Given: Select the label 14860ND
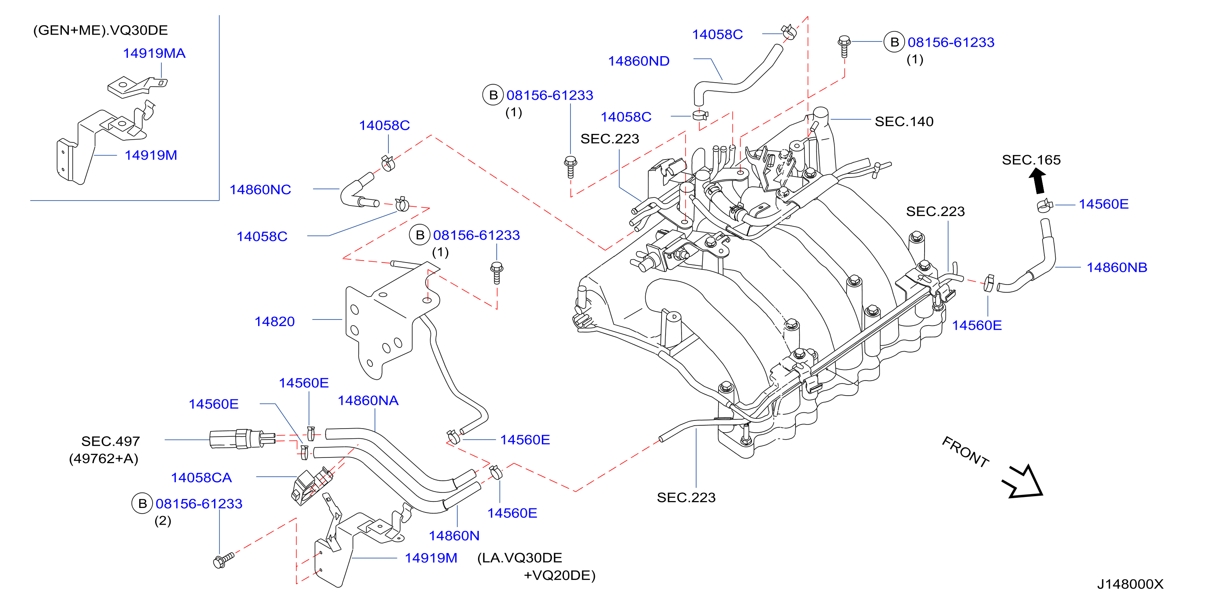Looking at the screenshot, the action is pos(639,61).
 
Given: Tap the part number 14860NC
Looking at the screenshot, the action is pos(260,190).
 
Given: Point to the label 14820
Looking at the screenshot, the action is pos(274,322).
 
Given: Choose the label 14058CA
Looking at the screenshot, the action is pos(201,478).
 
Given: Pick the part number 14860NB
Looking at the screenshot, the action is pos(1117,268).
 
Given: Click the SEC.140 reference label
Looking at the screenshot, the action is pos(904,122).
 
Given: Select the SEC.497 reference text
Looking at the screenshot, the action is pos(110,442).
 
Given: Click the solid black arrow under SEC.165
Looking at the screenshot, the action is pos(1038,181).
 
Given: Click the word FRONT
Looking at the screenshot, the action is pos(966,451).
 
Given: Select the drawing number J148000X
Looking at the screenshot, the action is pos(1130,584).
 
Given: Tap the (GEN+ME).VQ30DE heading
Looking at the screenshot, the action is pos(100,31).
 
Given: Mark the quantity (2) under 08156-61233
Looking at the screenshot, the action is pos(162,521).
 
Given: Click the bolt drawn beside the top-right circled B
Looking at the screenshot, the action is pos(844,46).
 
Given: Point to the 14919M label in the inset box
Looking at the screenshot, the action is pos(151,155).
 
